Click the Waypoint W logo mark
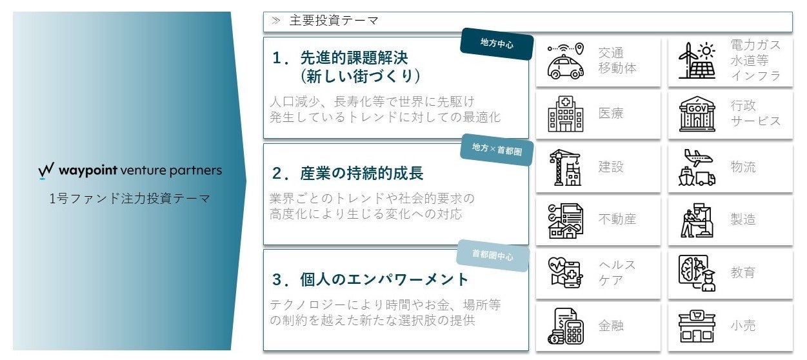click(x=46, y=171)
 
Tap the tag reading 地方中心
click(x=497, y=45)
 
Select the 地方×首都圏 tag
click(x=497, y=150)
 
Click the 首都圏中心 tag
click(x=493, y=255)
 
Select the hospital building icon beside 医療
click(x=565, y=115)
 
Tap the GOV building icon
click(x=697, y=115)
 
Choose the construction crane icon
click(x=565, y=168)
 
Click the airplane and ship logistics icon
click(x=697, y=168)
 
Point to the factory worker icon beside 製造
click(x=697, y=221)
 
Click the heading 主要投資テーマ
click(x=334, y=21)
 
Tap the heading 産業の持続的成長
click(x=348, y=174)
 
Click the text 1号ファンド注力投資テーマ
click(x=130, y=199)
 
